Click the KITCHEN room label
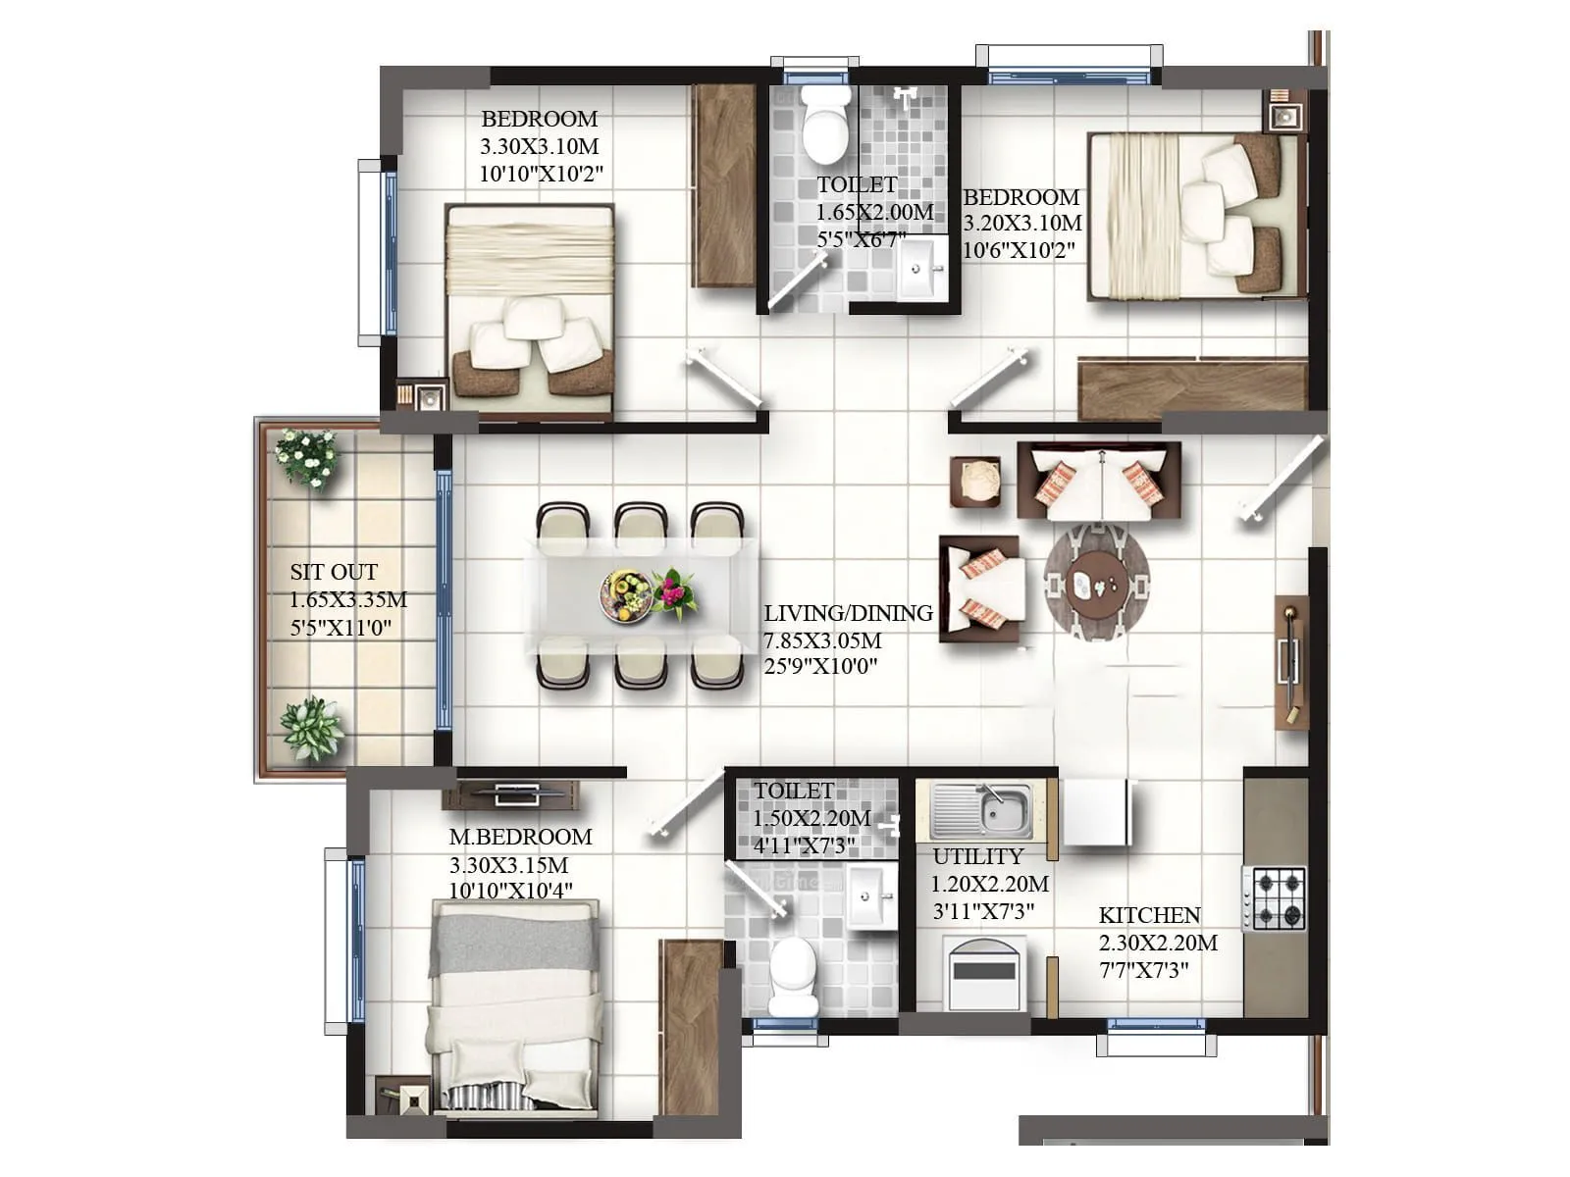click(x=1149, y=916)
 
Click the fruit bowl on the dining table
click(x=626, y=595)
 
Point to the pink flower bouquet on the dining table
click(x=675, y=592)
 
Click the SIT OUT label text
click(x=334, y=573)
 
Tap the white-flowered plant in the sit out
click(x=307, y=457)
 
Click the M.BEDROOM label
click(x=520, y=838)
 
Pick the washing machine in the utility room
click(x=984, y=973)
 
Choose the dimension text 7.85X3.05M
click(x=822, y=641)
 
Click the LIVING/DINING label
click(x=848, y=614)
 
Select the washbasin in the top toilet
click(x=920, y=267)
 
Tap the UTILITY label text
click(x=977, y=857)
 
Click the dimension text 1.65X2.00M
click(x=874, y=212)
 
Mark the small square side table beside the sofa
click(x=975, y=482)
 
